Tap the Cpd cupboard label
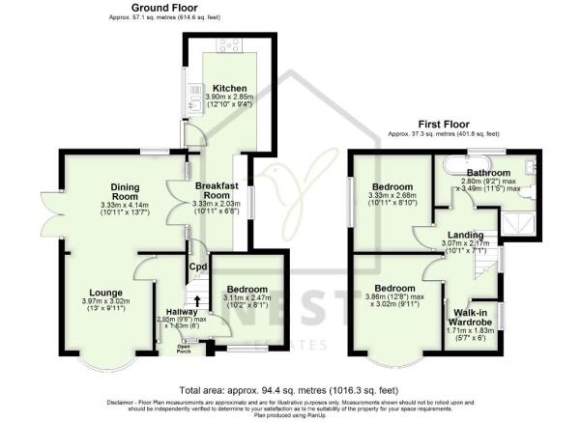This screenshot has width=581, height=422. click(x=196, y=267)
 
